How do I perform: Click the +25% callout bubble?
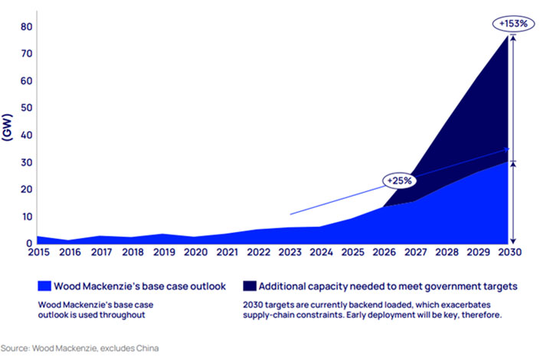(401, 182)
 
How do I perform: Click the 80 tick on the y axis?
(26, 27)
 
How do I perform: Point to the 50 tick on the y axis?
(26, 108)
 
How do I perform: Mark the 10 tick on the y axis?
(26, 217)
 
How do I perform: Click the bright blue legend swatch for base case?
(44, 286)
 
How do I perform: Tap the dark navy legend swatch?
(249, 286)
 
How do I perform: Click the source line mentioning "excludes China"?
(80, 348)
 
